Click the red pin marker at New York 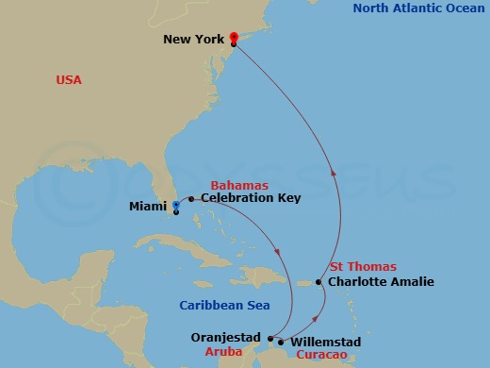pos(233,38)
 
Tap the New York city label pos(194,40)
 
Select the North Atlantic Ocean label pos(419,8)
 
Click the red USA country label pos(69,80)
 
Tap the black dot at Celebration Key pos(191,199)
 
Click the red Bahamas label pos(239,185)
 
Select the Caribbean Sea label pos(224,305)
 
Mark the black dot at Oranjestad pos(270,338)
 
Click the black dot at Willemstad pos(281,342)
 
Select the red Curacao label pos(321,355)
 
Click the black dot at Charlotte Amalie pos(318,282)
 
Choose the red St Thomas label pos(363,267)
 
